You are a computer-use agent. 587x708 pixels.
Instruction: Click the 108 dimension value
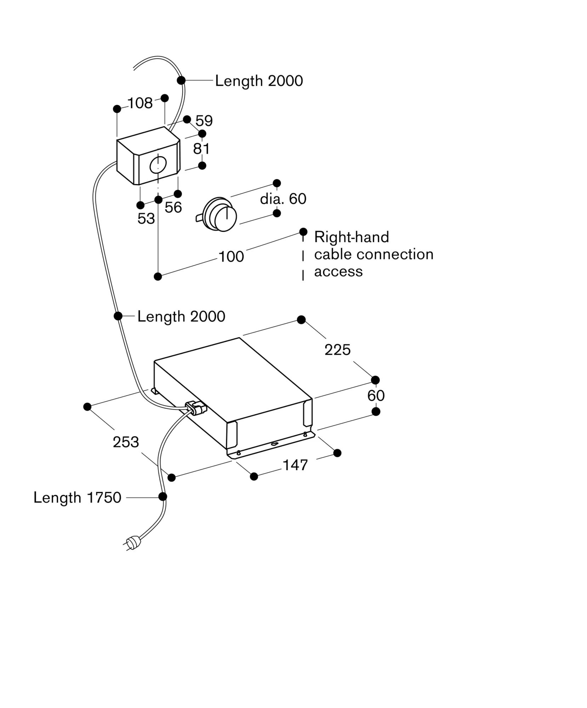pos(140,103)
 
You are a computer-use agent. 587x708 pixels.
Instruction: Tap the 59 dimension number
pos(204,121)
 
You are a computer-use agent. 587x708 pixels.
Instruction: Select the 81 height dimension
pos(201,149)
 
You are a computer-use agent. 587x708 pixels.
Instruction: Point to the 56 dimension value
pos(173,207)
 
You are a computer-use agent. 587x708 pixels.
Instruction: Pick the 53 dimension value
pos(146,219)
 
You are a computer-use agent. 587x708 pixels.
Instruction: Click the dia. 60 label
pos(283,199)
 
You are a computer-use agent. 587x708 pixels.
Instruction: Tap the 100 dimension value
pos(231,257)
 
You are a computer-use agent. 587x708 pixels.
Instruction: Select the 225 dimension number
pos(337,350)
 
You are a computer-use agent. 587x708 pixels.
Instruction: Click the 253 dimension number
pos(126,442)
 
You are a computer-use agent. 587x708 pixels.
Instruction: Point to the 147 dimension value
pos(295,465)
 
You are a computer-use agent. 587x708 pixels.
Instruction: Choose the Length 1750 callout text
pos(78,497)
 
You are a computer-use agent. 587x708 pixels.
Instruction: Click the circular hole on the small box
pos(158,165)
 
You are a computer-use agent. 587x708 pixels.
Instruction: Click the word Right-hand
pos(352,237)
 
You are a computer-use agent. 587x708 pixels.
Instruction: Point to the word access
pos(338,272)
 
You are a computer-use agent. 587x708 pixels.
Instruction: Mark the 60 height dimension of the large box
pos(376,395)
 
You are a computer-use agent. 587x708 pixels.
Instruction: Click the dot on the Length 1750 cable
pos(163,496)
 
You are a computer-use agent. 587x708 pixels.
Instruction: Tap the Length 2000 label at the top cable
pos(259,81)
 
